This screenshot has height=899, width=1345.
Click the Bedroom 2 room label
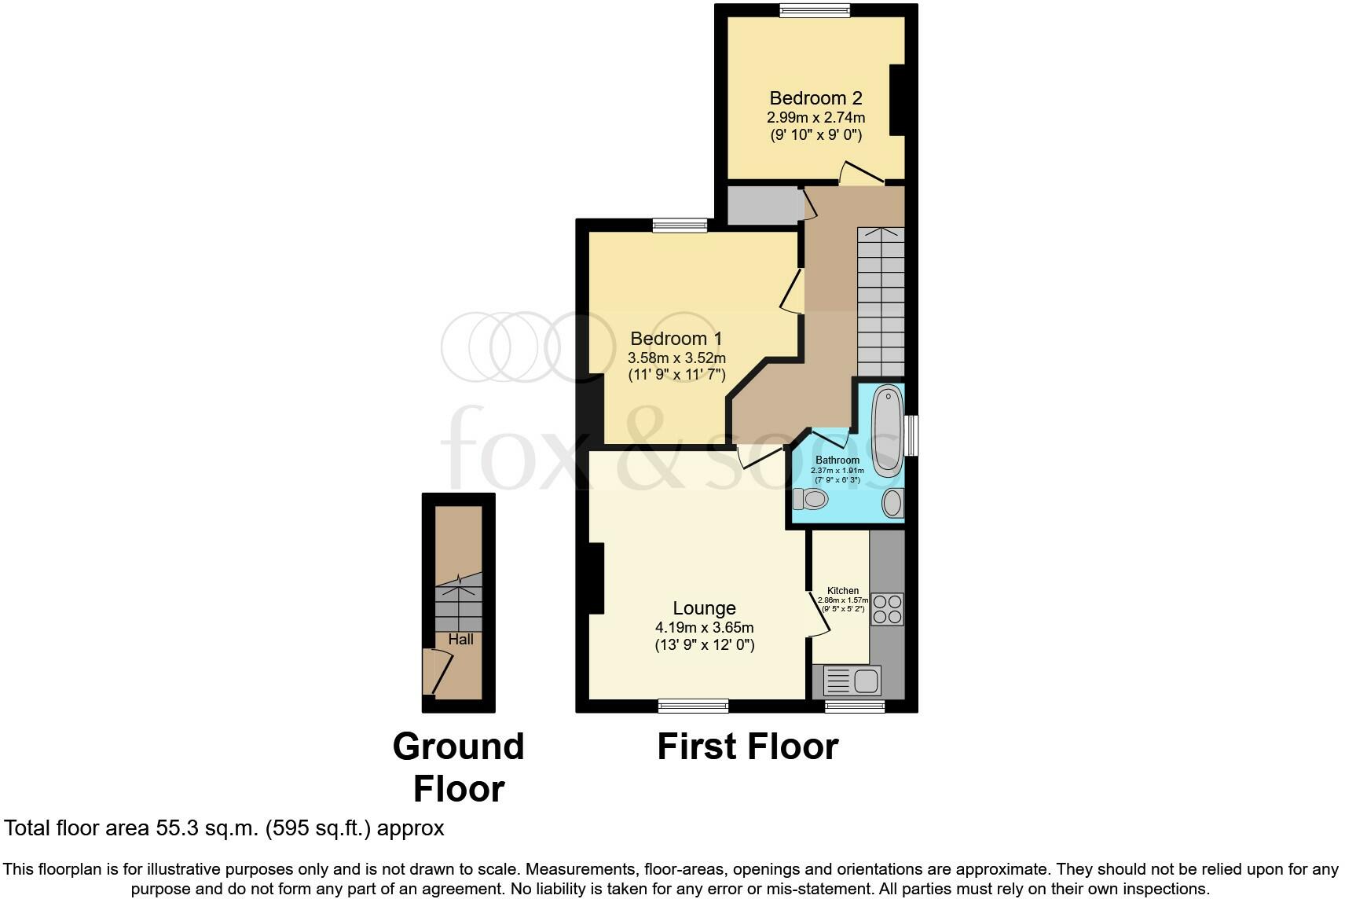(x=815, y=98)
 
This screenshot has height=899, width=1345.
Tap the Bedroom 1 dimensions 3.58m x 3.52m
(x=676, y=358)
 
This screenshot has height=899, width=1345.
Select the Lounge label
(x=704, y=608)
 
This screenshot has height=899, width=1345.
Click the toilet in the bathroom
(x=811, y=499)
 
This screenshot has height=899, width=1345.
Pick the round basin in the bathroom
(x=893, y=503)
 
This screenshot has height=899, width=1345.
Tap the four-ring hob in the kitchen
(x=888, y=609)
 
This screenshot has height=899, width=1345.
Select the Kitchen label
(x=843, y=591)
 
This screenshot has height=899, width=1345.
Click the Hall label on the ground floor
(x=461, y=640)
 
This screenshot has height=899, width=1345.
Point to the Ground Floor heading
(x=459, y=768)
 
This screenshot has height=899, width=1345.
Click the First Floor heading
(x=747, y=747)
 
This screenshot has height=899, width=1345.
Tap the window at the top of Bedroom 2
(x=815, y=10)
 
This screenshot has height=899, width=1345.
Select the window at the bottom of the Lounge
(x=693, y=706)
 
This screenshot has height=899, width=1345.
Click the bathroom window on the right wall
(x=911, y=435)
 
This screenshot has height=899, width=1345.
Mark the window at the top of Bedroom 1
(x=680, y=226)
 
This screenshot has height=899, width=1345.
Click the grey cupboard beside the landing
(x=761, y=206)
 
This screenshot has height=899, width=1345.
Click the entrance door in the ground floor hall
(x=437, y=672)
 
